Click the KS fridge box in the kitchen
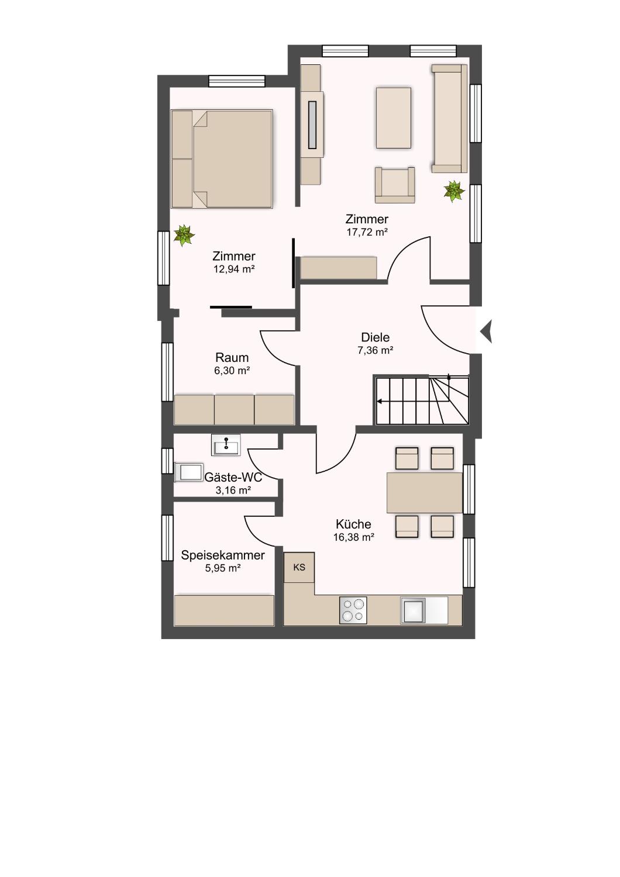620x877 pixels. [x=299, y=567]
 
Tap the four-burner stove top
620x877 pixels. [x=353, y=610]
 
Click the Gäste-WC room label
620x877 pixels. [x=233, y=477]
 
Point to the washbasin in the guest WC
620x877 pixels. [x=226, y=445]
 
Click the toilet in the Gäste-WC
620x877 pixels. [x=189, y=472]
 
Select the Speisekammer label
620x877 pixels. [x=223, y=555]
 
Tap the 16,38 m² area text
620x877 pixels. [x=354, y=537]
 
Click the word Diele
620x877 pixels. [x=375, y=337]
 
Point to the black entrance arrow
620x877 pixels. [x=487, y=332]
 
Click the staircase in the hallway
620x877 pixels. [x=422, y=400]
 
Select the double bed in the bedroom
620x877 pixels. [x=222, y=158]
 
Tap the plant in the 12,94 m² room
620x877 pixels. [x=184, y=235]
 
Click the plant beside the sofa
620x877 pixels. [x=454, y=191]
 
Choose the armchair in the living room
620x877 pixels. [x=395, y=185]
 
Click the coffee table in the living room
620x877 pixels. [x=394, y=118]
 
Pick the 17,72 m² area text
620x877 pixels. [x=367, y=232]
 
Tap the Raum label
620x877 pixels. [x=232, y=357]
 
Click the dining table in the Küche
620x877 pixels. [x=425, y=492]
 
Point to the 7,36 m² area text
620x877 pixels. [x=375, y=350]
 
